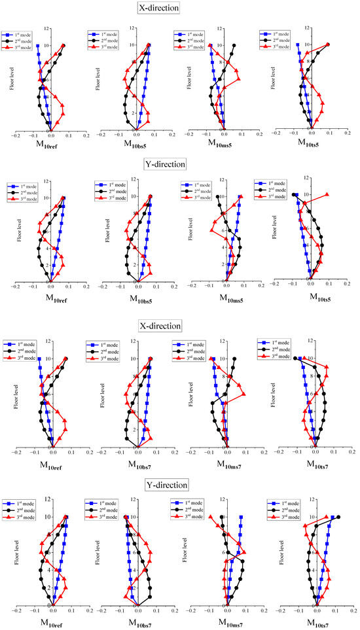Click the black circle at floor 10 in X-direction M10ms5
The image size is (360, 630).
point(234,46)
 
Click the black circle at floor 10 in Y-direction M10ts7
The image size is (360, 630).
point(338,517)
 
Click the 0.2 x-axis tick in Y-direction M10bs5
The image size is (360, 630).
point(173,287)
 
